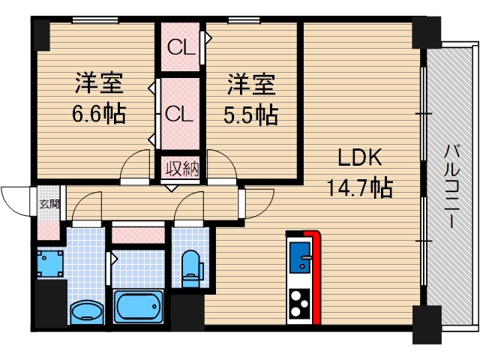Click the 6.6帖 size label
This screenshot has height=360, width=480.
click(x=99, y=115)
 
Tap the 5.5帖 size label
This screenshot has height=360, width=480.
click(x=252, y=115)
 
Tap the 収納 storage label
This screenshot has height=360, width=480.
click(x=181, y=167)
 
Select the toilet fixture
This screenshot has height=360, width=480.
click(x=192, y=267)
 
